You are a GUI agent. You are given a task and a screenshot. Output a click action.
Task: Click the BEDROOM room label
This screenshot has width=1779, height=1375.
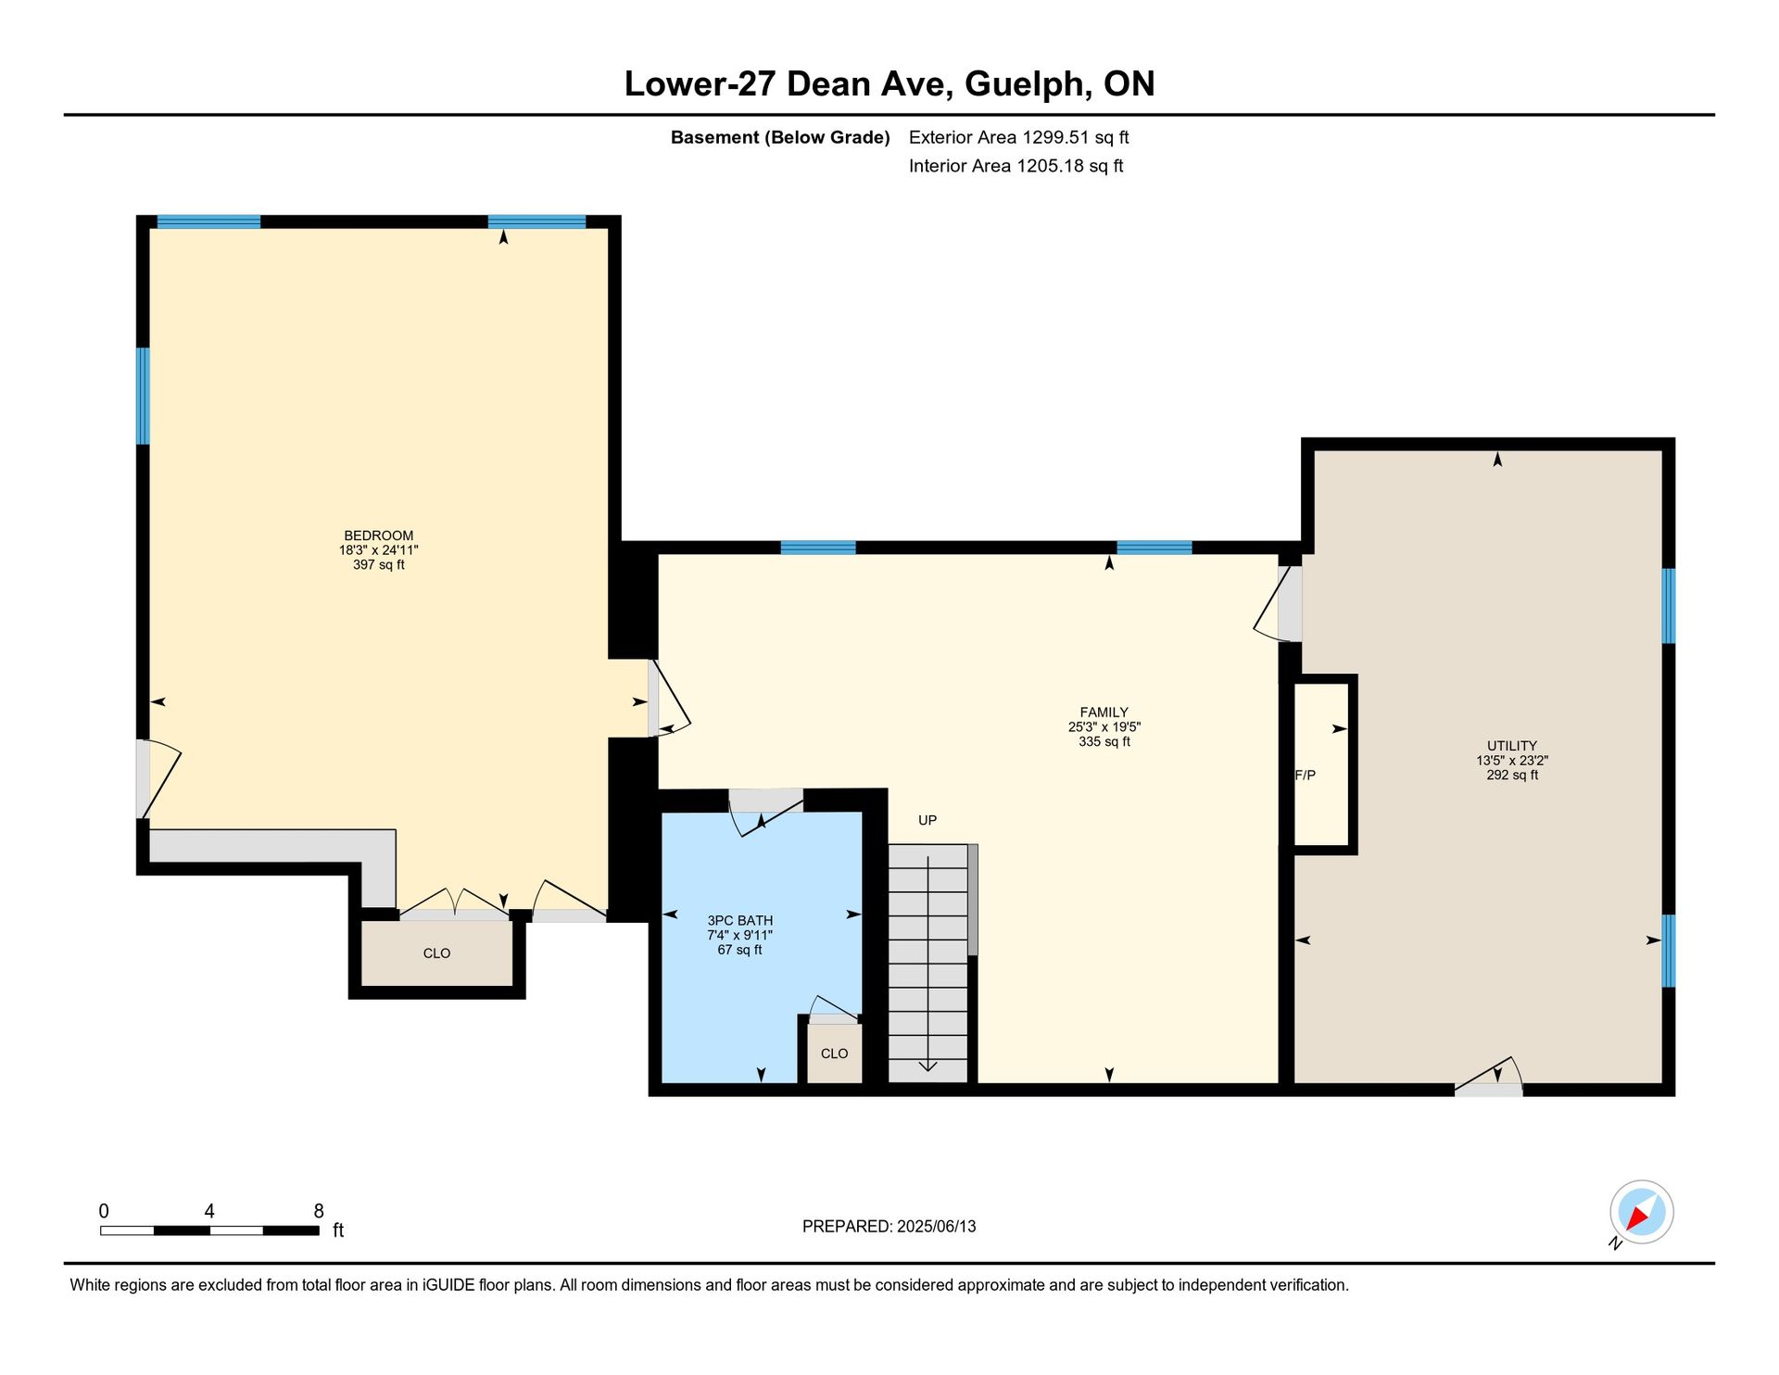pyautogui.click(x=378, y=536)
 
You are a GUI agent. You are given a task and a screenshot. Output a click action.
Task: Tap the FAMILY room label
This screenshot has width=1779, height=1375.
pyautogui.click(x=1104, y=713)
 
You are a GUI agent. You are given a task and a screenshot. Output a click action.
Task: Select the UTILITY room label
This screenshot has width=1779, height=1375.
pyautogui.click(x=1512, y=746)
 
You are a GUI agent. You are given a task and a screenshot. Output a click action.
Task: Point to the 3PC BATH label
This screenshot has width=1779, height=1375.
pyautogui.click(x=739, y=921)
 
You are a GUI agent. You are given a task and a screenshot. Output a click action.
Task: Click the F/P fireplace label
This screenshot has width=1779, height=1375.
pyautogui.click(x=1306, y=776)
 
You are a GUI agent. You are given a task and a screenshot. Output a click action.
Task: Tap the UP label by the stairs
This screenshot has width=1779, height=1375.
pyautogui.click(x=927, y=820)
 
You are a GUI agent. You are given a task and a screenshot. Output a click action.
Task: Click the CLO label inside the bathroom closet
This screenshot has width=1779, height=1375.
pyautogui.click(x=834, y=1053)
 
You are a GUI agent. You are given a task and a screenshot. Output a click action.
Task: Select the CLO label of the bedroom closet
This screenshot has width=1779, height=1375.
pyautogui.click(x=436, y=953)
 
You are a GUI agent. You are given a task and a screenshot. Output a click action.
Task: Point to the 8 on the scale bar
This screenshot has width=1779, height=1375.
pyautogui.click(x=319, y=1211)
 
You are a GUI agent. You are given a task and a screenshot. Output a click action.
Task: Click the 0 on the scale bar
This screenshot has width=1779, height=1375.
pyautogui.click(x=104, y=1211)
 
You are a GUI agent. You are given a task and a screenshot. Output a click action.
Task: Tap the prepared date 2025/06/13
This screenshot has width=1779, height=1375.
pyautogui.click(x=936, y=1227)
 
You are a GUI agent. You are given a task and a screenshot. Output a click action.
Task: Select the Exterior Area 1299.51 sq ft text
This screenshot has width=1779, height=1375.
pyautogui.click(x=1018, y=138)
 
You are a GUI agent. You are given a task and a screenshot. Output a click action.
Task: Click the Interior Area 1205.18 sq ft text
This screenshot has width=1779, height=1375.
pyautogui.click(x=1016, y=167)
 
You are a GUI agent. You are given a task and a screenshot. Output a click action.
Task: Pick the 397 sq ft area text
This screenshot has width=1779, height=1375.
pyautogui.click(x=378, y=565)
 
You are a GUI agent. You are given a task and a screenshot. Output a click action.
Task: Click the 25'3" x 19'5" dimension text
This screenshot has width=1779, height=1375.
pyautogui.click(x=1104, y=727)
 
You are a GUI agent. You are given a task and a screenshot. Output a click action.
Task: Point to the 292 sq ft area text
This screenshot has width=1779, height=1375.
pyautogui.click(x=1512, y=776)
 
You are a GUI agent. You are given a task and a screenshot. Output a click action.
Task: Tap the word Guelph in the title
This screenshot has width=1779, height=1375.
pyautogui.click(x=1025, y=84)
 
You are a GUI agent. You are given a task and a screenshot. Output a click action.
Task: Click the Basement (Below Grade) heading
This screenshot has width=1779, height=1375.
pyautogui.click(x=780, y=138)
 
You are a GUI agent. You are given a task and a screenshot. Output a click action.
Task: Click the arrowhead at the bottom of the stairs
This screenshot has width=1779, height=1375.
pyautogui.click(x=928, y=1066)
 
